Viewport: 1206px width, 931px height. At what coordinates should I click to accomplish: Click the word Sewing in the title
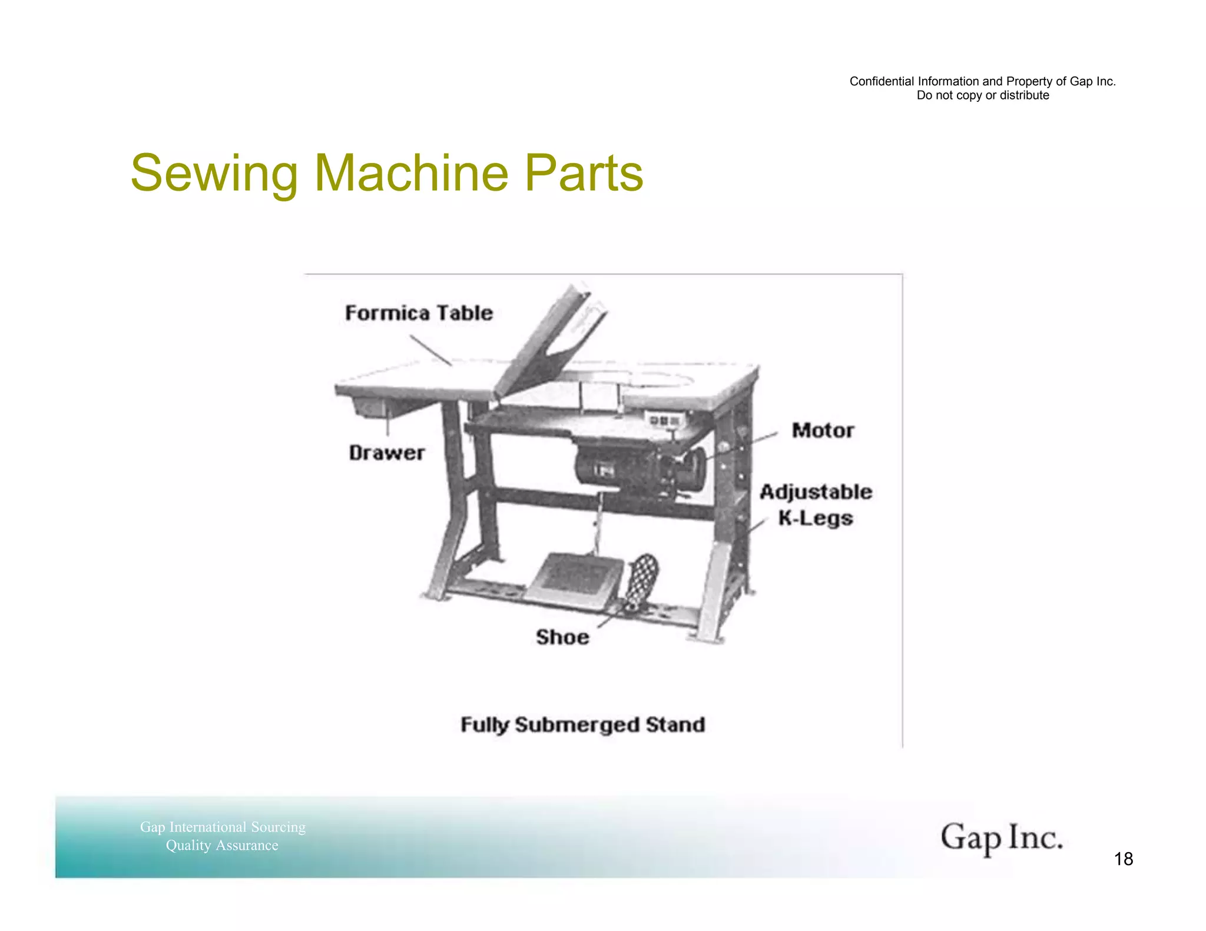[214, 173]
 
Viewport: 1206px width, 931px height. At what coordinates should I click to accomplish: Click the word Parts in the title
[584, 173]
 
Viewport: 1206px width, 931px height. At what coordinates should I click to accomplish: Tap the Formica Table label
[419, 312]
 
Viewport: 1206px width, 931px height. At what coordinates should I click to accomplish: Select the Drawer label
[386, 453]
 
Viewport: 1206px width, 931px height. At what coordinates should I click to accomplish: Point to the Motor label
[823, 430]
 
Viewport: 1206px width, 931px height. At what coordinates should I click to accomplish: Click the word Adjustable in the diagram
[816, 491]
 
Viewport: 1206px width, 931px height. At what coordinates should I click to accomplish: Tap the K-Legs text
[816, 518]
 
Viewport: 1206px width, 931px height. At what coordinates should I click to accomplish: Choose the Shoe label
[562, 637]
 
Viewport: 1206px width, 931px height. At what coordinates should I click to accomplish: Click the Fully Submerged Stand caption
[582, 724]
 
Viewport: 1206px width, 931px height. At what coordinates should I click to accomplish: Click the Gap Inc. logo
[1002, 837]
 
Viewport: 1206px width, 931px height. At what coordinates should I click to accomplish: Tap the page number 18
[1124, 859]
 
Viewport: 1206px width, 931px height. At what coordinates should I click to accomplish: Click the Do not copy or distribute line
[983, 95]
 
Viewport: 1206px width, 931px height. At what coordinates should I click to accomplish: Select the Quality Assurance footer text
[222, 846]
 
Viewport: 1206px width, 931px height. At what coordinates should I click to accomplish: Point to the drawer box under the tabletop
[371, 406]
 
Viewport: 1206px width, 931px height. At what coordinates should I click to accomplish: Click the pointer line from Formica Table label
[430, 350]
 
